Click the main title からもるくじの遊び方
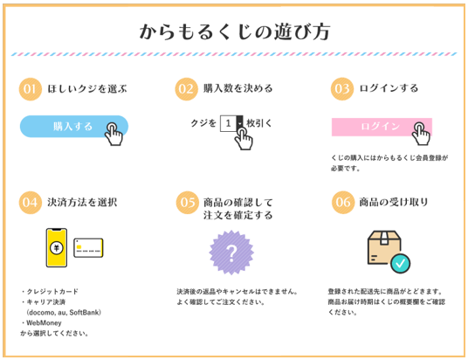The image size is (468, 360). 235,31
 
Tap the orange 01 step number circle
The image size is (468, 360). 31,89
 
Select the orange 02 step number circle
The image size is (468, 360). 186,89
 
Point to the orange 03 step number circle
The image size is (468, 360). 342,89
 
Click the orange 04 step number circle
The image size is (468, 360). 31,203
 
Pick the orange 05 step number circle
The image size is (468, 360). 188,203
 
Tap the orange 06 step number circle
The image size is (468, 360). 343,202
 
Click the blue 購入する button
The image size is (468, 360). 74,127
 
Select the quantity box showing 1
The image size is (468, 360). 231,123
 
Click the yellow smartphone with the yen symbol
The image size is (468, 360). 57,247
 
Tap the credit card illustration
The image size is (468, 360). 88,247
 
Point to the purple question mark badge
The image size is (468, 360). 231,253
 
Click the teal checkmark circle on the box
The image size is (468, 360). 401,263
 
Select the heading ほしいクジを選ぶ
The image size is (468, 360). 87,89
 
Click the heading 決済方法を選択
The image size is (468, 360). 82,203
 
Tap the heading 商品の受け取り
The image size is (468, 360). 394,202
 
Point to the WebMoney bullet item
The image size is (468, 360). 42,323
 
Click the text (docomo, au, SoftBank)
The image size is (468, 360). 64,313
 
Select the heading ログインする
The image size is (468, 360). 389,88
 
